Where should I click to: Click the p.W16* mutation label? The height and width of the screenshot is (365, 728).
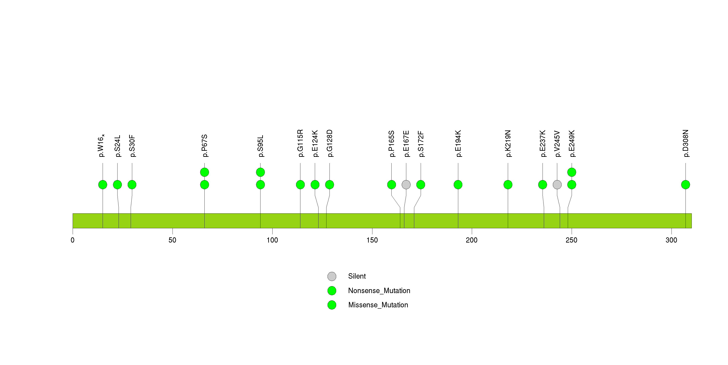(x=101, y=145)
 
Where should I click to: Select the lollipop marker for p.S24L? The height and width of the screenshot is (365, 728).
(x=117, y=185)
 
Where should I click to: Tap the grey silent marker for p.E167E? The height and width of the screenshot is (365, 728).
(x=406, y=185)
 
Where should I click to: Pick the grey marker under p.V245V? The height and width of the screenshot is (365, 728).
(x=557, y=185)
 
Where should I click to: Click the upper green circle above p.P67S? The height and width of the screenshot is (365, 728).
(x=204, y=172)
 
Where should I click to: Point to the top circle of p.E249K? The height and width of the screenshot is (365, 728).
(x=571, y=172)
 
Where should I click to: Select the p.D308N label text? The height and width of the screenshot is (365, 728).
(x=686, y=143)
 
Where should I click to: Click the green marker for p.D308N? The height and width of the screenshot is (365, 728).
(x=685, y=185)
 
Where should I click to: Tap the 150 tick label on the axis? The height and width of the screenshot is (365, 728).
(x=372, y=240)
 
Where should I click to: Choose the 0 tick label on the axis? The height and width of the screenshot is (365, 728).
(x=73, y=240)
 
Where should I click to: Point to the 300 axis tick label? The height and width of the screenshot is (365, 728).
(x=671, y=240)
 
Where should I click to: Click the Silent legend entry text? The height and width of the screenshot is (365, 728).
(x=357, y=276)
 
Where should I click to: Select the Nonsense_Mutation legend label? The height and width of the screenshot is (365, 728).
(x=379, y=290)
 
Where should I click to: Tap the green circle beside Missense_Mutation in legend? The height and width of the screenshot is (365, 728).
(x=332, y=305)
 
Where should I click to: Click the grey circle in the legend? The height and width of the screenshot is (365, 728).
(x=332, y=276)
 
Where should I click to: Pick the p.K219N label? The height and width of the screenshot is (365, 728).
(x=508, y=143)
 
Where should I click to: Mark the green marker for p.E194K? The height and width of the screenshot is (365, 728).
(x=458, y=185)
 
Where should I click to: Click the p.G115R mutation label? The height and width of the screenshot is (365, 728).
(x=300, y=143)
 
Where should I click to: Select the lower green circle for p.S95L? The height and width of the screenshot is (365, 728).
(x=260, y=185)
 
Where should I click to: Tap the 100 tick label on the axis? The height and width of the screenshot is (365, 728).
(x=272, y=240)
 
